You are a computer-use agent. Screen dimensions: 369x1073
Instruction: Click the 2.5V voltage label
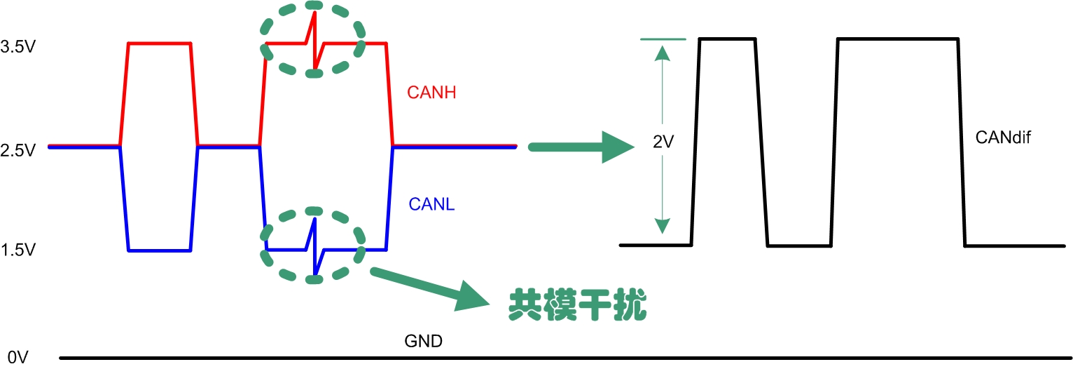(19, 151)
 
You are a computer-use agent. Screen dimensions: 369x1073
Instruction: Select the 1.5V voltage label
(19, 250)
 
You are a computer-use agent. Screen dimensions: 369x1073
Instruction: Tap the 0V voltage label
(15, 358)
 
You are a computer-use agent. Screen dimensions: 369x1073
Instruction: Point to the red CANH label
(431, 92)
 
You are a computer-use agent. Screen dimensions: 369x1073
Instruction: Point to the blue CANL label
(431, 204)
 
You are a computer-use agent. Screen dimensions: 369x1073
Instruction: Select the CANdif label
(1002, 137)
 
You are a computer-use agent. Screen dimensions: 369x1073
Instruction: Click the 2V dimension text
(663, 142)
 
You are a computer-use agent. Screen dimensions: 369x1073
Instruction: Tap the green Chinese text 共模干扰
(576, 305)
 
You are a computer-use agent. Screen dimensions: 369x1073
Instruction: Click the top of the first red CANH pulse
(159, 43)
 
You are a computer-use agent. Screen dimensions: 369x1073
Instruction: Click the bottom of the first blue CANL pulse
(159, 250)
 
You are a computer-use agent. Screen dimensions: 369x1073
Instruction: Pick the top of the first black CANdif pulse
(727, 39)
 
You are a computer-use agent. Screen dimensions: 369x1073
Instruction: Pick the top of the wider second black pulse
(897, 39)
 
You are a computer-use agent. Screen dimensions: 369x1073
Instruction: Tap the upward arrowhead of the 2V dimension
(659, 53)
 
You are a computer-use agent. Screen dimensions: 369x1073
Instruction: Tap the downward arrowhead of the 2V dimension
(659, 226)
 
